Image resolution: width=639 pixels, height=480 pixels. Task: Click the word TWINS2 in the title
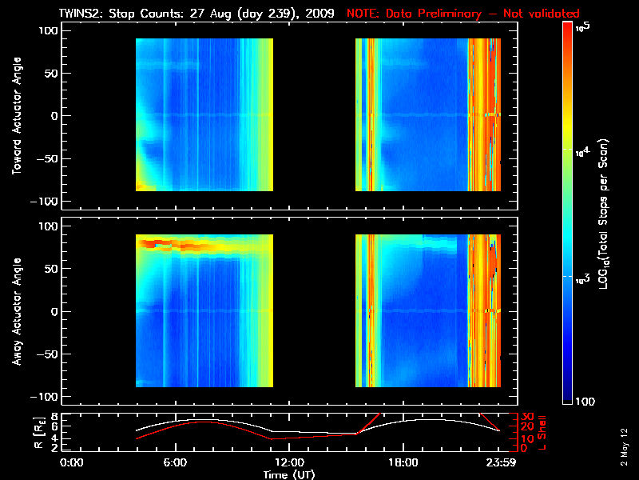pos(79,14)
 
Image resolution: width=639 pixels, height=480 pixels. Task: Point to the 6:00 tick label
pos(175,462)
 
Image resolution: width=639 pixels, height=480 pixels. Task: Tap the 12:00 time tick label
pos(289,462)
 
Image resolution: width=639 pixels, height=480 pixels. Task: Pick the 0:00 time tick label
pos(72,462)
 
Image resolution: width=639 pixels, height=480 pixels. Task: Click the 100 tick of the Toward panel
pos(50,30)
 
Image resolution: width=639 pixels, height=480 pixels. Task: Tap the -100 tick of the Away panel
pos(46,397)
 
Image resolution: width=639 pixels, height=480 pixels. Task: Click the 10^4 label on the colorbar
pos(581,150)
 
